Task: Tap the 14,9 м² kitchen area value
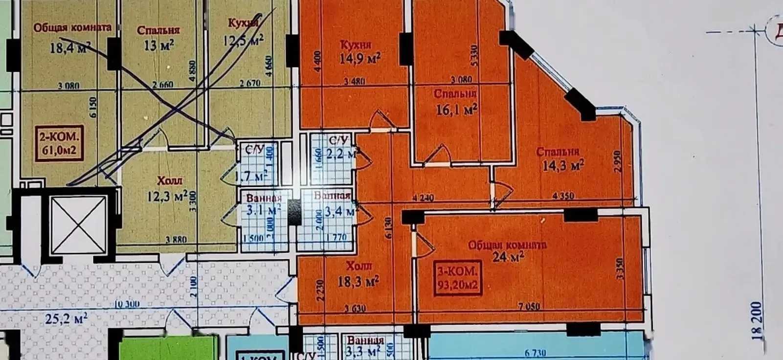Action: pos(360,59)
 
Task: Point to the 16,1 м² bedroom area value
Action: pos(456,109)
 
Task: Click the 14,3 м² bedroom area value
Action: pos(563,166)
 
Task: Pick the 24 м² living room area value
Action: pos(509,256)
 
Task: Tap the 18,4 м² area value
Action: pos(70,47)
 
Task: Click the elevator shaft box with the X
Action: pos(79,225)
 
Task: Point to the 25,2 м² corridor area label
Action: pos(66,319)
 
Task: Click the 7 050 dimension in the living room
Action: pos(530,306)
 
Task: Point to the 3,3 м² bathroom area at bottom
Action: pos(363,351)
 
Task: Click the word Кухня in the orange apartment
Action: pos(356,45)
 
